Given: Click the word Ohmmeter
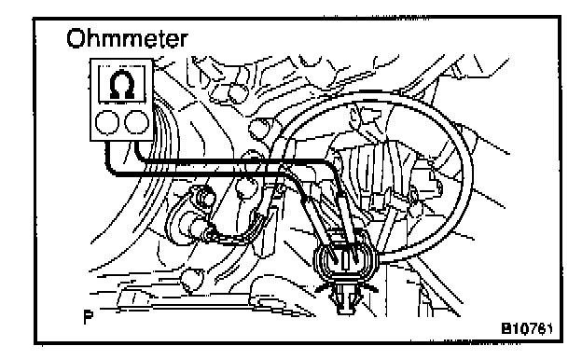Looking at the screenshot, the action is (x=127, y=38).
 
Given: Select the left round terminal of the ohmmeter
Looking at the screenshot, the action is (x=107, y=122).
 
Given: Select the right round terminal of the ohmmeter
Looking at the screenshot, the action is (x=136, y=122).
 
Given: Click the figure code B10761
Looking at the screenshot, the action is (x=527, y=328).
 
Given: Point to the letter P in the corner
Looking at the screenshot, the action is (x=88, y=316).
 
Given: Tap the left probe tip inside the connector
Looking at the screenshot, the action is (x=333, y=256).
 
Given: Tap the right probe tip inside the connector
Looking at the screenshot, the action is (x=355, y=256).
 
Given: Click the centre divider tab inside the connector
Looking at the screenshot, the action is (x=344, y=260).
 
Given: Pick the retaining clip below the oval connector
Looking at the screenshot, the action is (x=345, y=298).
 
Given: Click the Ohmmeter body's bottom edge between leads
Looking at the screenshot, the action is (x=122, y=140).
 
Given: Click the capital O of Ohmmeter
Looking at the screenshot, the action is (x=76, y=38).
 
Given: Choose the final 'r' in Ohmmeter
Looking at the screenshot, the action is (x=184, y=41).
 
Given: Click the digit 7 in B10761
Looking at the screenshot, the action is (x=533, y=328).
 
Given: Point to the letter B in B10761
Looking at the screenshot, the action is (x=506, y=328).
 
